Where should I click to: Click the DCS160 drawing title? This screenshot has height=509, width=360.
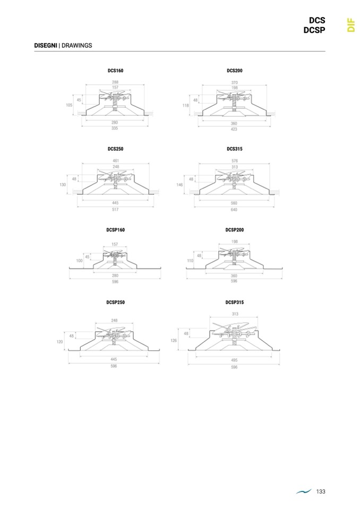(x=115, y=71)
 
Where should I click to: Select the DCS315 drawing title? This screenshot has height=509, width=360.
(x=234, y=149)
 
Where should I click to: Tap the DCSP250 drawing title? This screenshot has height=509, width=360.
(x=115, y=302)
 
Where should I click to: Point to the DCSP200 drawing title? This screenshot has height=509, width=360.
(x=234, y=230)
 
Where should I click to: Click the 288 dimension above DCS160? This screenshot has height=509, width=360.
(x=115, y=82)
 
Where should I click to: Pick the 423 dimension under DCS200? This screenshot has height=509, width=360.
(x=234, y=129)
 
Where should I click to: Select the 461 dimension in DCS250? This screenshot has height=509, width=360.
(x=116, y=160)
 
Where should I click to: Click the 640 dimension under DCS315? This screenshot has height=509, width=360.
(x=234, y=209)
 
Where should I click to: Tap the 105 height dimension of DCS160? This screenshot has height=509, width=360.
(x=69, y=105)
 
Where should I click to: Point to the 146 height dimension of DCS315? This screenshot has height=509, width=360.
(x=179, y=185)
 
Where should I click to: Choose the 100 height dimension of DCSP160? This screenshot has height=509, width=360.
(x=79, y=261)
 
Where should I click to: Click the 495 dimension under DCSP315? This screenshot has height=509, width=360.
(x=234, y=360)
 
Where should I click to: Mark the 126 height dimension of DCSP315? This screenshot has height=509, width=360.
(x=174, y=341)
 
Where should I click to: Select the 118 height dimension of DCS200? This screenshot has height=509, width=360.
(x=186, y=105)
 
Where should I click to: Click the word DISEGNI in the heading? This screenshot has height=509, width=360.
(x=46, y=46)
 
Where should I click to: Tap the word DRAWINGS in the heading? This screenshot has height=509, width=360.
(x=76, y=46)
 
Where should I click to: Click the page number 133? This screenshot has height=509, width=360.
(x=320, y=491)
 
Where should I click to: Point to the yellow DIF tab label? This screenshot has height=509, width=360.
(x=350, y=25)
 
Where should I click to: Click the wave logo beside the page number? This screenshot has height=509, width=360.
(x=304, y=492)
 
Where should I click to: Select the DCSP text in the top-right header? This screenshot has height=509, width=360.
(x=314, y=30)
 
